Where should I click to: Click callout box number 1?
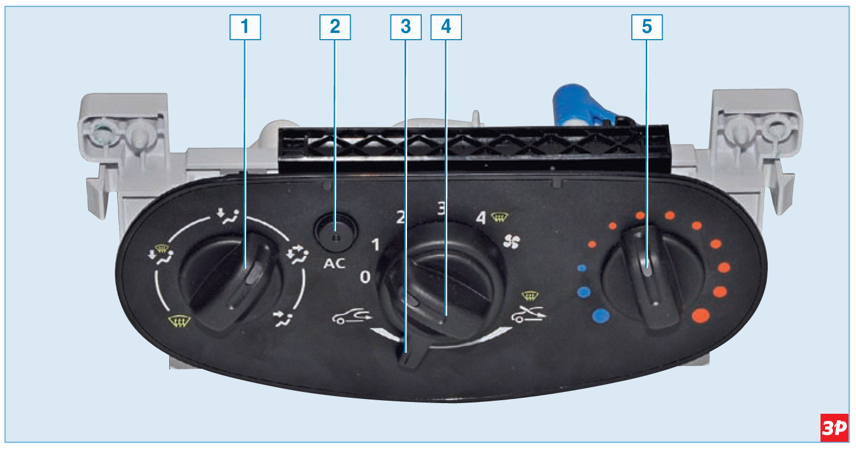tap(245, 27)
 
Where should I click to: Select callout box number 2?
tap(335, 27)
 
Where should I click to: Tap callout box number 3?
tap(406, 27)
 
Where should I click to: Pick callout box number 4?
tap(446, 27)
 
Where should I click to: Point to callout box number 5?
tap(647, 27)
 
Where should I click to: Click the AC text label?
tap(334, 264)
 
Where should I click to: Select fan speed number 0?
tap(365, 277)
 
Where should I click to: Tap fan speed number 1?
tap(376, 245)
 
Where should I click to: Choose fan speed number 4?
tap(481, 218)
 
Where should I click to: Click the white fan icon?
tap(512, 242)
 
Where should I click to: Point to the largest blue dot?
tap(600, 316)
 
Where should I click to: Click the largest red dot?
tap(701, 316)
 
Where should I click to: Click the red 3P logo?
tap(834, 428)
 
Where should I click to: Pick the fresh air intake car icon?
tap(351, 316)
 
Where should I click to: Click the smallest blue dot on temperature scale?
tap(582, 268)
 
